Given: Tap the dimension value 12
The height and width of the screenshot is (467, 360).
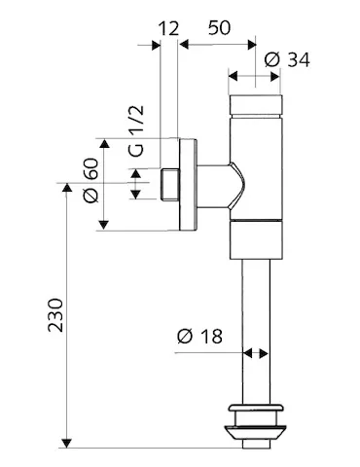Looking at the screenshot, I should [168, 30].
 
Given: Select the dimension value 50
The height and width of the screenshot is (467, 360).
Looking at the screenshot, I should [218, 30].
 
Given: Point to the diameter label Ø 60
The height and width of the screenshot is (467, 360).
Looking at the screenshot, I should [91, 182].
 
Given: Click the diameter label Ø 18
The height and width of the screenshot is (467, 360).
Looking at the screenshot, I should [201, 337].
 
